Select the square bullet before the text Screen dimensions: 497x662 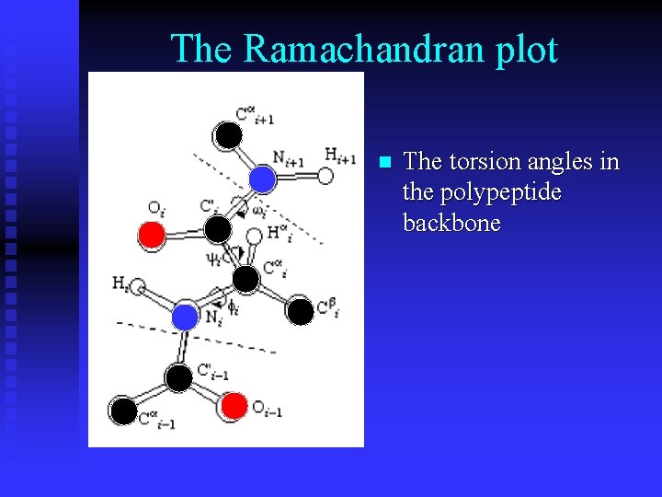[x=385, y=162]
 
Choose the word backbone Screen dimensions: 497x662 [x=451, y=223]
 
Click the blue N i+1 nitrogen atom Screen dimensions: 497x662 [x=262, y=177]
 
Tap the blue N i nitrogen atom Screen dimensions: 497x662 [x=186, y=318]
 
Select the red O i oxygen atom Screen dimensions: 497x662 [x=152, y=236]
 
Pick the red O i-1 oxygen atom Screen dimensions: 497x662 [x=234, y=404]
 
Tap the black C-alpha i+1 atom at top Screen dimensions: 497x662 [x=228, y=136]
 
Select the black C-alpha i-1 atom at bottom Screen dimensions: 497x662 [x=123, y=410]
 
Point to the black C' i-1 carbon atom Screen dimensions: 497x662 [x=179, y=376]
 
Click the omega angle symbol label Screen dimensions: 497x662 [x=260, y=213]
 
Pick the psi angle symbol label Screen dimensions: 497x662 [x=212, y=259]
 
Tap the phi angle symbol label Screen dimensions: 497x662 [x=234, y=309]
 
